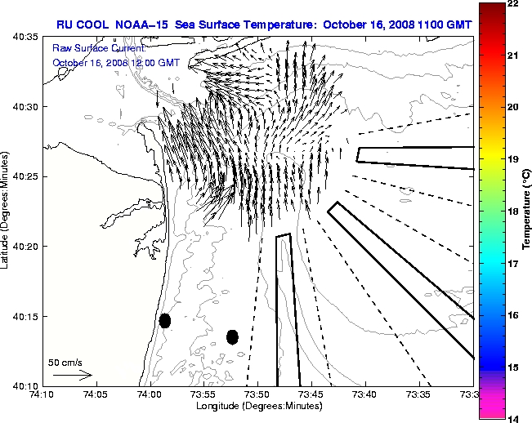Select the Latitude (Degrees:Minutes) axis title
[x=7, y=210]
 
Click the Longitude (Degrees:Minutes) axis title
[x=257, y=406]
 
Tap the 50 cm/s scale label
[x=65, y=362]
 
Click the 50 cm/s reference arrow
[x=72, y=375]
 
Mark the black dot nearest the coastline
[x=164, y=320]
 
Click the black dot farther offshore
[x=232, y=336]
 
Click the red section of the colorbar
[x=490, y=41]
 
